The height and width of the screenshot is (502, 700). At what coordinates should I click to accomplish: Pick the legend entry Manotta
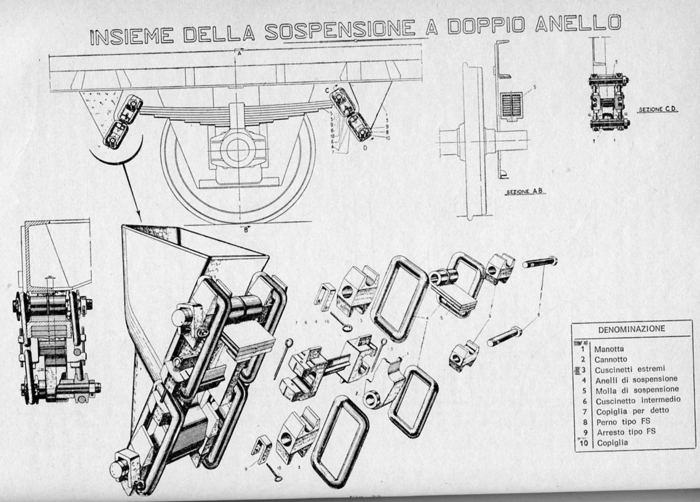(x=609, y=349)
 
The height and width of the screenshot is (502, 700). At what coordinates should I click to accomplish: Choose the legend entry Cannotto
(x=611, y=360)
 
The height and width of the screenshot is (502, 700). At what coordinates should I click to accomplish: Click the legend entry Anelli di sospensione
(x=635, y=379)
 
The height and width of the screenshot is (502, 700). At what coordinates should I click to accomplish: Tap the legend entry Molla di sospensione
(x=636, y=390)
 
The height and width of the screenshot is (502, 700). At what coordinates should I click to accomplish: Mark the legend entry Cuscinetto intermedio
(x=638, y=400)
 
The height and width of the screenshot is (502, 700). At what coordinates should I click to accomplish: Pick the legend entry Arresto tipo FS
(x=624, y=432)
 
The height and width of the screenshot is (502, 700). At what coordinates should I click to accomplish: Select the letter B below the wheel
(x=247, y=229)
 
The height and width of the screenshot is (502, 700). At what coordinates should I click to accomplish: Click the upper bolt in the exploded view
(x=540, y=262)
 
